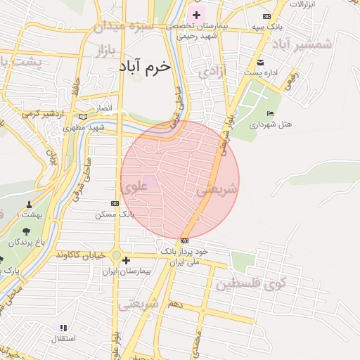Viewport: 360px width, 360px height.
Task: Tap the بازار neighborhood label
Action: tap(102, 51)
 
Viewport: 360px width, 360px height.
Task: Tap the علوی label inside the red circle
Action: tap(134, 188)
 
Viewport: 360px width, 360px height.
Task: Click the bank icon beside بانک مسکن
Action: tap(115, 203)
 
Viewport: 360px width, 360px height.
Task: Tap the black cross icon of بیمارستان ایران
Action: tap(126, 260)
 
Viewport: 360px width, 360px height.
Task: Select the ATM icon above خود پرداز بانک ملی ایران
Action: tap(184, 240)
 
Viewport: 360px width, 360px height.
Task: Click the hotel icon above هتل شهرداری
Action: tap(270, 114)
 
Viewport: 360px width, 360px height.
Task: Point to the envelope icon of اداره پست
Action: tap(261, 62)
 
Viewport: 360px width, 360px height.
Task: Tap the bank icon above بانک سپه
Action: tap(266, 16)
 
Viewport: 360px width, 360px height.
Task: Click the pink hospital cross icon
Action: tap(195, 14)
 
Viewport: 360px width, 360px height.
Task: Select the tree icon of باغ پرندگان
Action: tap(26, 231)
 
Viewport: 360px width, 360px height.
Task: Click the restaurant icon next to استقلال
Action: tap(63, 328)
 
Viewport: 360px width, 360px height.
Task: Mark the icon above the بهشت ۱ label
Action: tap(29, 205)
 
